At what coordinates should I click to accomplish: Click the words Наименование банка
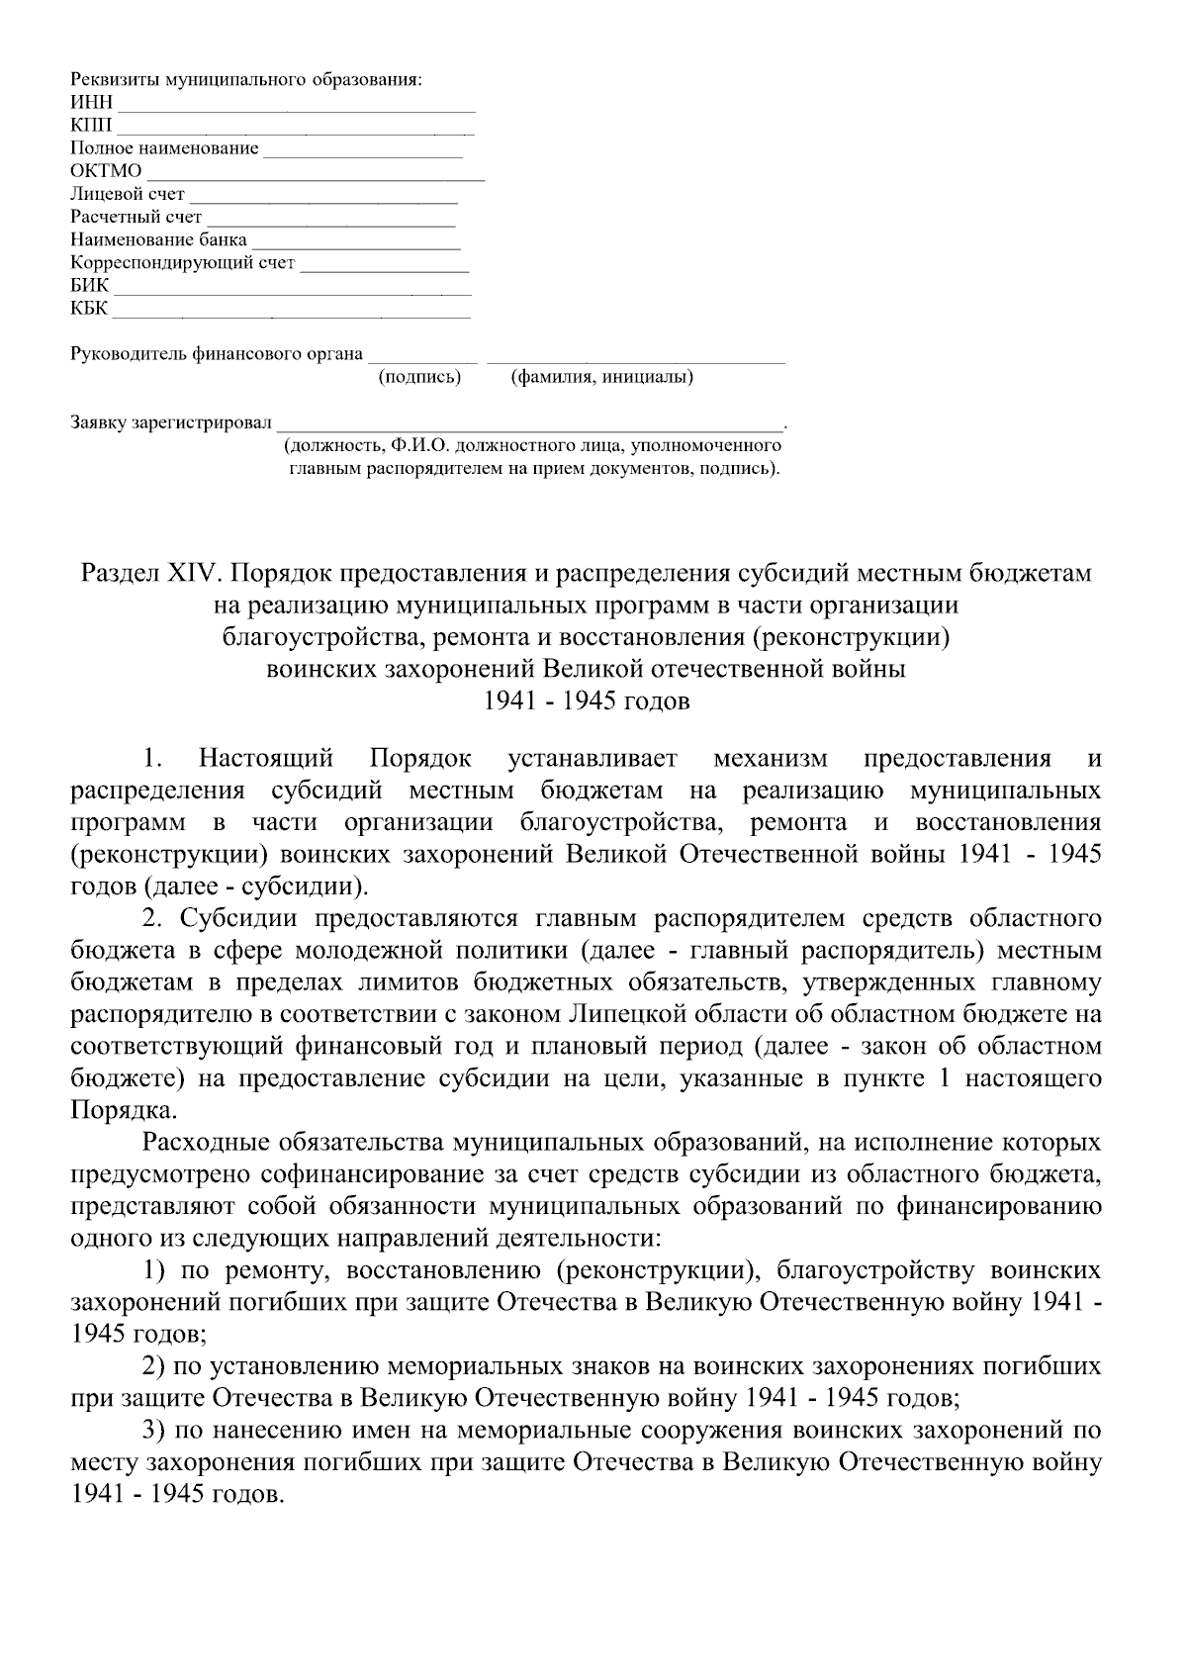pos(159,239)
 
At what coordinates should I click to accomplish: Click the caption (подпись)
pos(419,377)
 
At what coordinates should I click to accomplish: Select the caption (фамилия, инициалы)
pos(601,377)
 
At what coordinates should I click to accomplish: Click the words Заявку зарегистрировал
pos(170,422)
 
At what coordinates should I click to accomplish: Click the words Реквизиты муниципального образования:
pos(246,79)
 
